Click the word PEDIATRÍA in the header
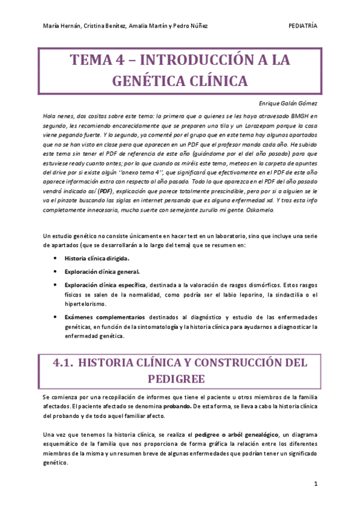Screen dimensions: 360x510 point(303,26)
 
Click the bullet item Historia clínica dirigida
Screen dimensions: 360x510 point(97,258)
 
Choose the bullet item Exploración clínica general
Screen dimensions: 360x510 point(101,271)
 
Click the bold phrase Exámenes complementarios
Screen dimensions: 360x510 point(105,317)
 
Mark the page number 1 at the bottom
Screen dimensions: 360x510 point(316,484)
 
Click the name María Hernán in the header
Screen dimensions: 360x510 point(61,26)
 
